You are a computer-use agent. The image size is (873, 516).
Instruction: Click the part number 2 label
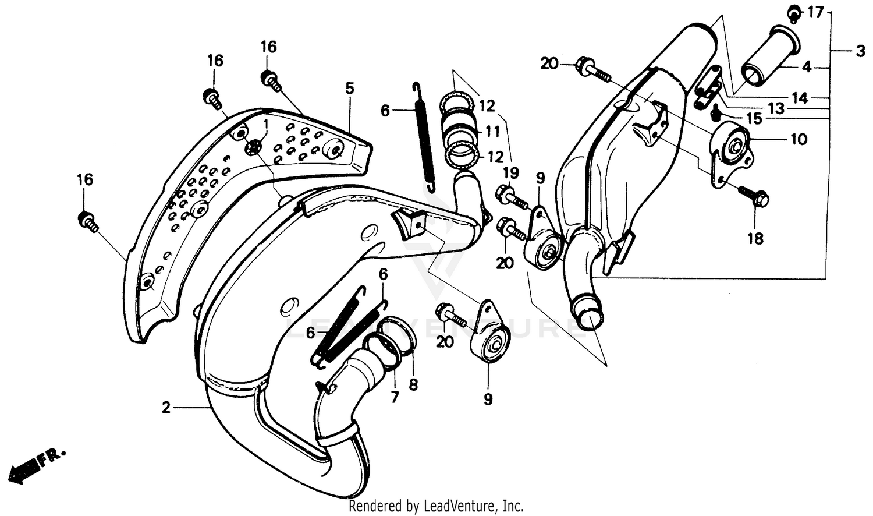coord(166,408)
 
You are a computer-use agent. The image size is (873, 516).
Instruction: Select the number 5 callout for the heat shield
coord(349,89)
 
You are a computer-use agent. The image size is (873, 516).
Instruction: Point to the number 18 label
coord(755,238)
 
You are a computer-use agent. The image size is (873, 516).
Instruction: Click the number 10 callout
coord(799,139)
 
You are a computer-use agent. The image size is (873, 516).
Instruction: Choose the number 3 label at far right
coord(860,52)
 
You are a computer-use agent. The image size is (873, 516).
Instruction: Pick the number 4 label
coord(806,67)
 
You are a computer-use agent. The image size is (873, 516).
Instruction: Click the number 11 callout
coord(492,132)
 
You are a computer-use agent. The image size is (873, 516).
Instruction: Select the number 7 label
coord(395,397)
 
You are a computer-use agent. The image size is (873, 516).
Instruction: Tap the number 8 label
coord(413,385)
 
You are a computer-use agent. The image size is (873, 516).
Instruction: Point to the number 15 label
coord(754,119)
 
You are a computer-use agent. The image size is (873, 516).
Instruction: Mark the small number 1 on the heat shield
coord(266,123)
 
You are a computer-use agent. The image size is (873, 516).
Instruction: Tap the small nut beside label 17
coord(794,12)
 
